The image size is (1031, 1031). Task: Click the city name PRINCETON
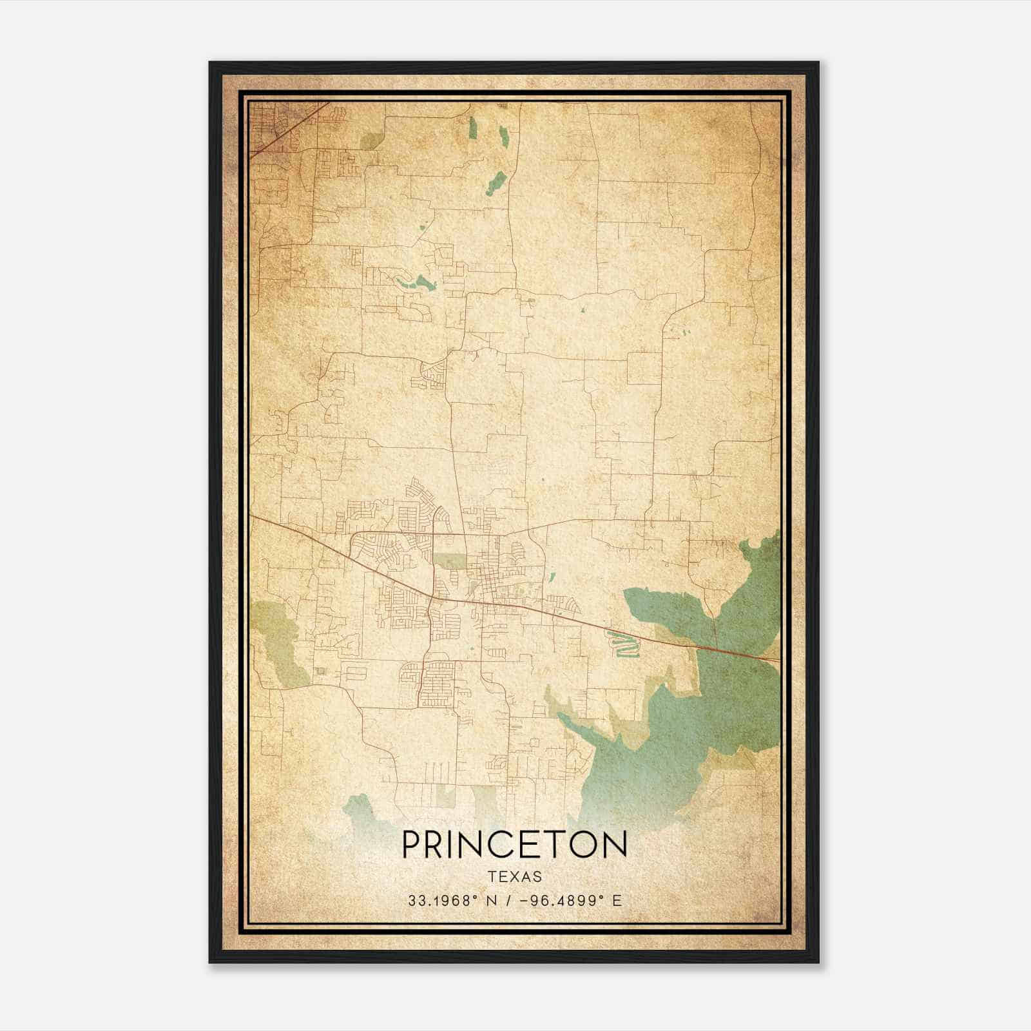tap(514, 844)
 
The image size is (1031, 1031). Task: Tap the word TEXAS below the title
tap(514, 877)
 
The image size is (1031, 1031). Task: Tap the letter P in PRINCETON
tap(412, 844)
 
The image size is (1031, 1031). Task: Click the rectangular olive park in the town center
tap(449, 560)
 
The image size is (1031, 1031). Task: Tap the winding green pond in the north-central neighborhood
tap(416, 282)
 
